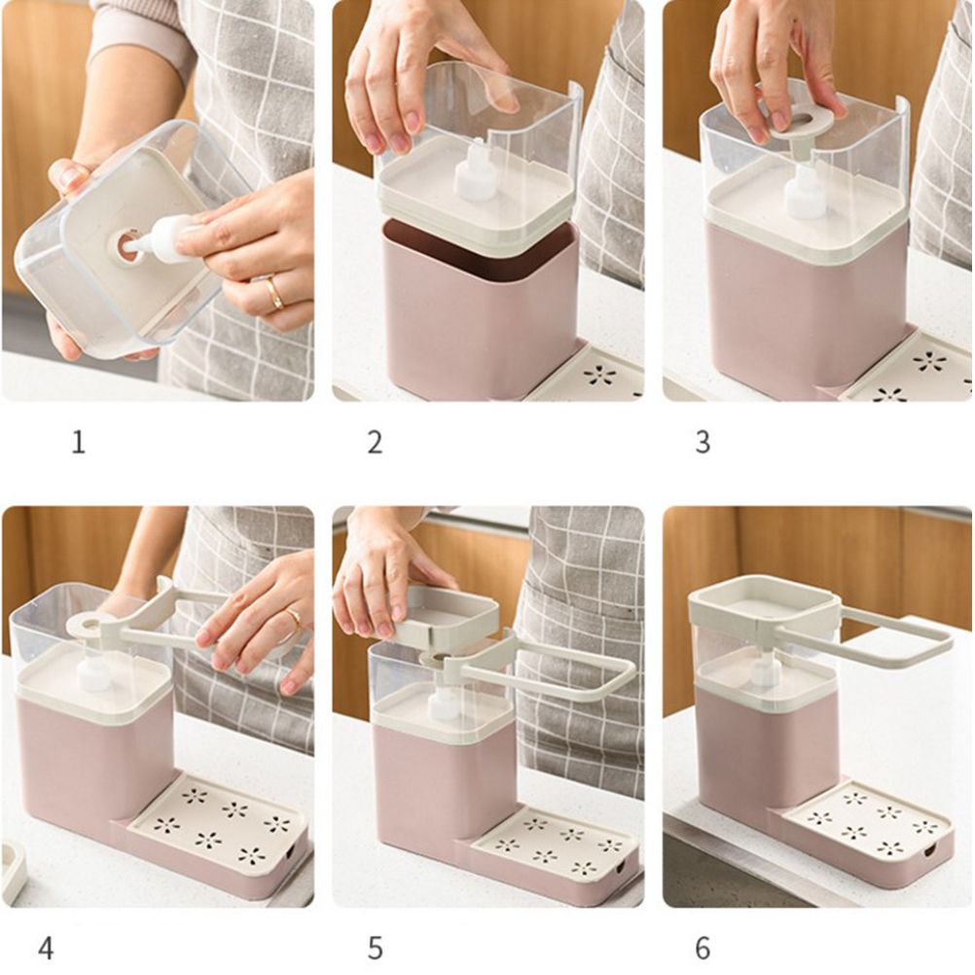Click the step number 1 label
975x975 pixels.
pos(79,443)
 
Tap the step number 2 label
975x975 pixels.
pos(375,443)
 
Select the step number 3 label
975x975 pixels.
pos(702,443)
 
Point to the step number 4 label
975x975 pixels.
pos(46,949)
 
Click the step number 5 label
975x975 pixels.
pos(375,949)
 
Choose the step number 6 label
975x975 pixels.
pos(702,949)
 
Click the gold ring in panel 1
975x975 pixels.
pos(274,294)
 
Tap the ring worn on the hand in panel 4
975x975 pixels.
pos(295,617)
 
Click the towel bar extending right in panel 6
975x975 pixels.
pos(895,637)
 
